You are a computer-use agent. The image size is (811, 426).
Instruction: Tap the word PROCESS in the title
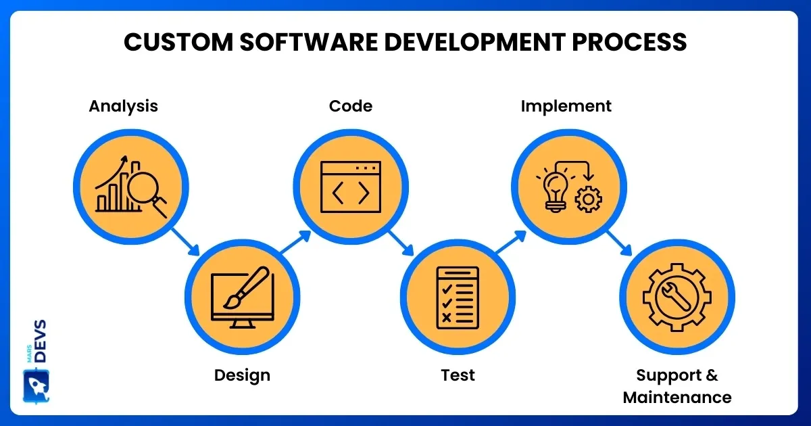tap(629, 42)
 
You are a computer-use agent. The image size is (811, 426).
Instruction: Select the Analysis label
tap(124, 107)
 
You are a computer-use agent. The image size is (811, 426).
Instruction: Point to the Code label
tap(351, 106)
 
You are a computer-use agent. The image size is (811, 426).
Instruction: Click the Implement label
tap(566, 107)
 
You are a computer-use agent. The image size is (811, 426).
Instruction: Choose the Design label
tap(242, 376)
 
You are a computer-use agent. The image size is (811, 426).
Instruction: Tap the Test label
tap(458, 375)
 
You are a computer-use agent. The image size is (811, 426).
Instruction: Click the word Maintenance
tap(677, 398)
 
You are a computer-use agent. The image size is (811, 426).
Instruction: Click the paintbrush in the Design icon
tap(247, 287)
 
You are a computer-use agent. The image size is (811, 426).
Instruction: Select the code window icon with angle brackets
tap(351, 187)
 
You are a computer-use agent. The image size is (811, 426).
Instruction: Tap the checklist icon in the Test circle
tap(458, 298)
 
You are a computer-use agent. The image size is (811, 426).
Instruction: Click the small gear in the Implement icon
tap(589, 199)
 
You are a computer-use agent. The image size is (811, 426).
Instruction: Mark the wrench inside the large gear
tap(676, 297)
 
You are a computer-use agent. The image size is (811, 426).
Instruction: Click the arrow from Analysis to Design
tap(186, 242)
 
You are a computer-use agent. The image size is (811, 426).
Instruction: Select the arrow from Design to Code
tap(296, 241)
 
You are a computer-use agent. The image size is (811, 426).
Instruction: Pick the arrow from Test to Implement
tap(511, 241)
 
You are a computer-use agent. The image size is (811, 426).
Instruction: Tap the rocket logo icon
tap(36, 386)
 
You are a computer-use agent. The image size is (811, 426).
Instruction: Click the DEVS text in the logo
tap(41, 341)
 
